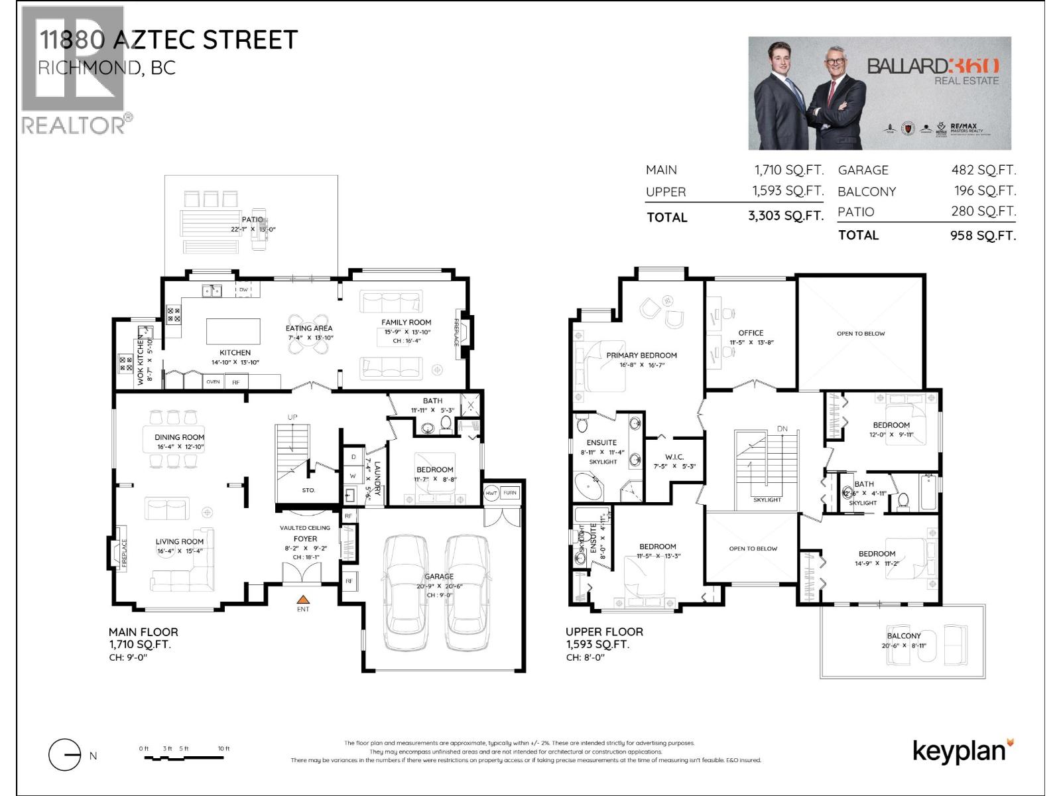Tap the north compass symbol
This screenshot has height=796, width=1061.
coord(65,755)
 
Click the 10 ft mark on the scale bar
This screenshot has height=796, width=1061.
coord(223,749)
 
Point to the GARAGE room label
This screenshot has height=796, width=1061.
coord(439,576)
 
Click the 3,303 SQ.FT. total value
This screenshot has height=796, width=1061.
coord(786,216)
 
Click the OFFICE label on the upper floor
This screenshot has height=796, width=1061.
coord(751,333)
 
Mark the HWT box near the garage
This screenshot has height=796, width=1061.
coord(491,493)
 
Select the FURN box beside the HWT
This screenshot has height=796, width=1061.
coord(509,493)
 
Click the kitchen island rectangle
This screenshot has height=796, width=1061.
coord(233,330)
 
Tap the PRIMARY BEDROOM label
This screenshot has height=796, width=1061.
coord(641,356)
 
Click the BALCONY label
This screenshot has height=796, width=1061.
coord(904,635)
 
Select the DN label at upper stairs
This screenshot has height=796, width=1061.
coord(782,429)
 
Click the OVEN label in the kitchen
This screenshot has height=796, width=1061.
coord(213,382)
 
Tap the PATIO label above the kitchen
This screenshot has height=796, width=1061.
coord(252,220)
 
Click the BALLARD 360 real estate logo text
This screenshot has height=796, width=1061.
coord(933,66)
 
